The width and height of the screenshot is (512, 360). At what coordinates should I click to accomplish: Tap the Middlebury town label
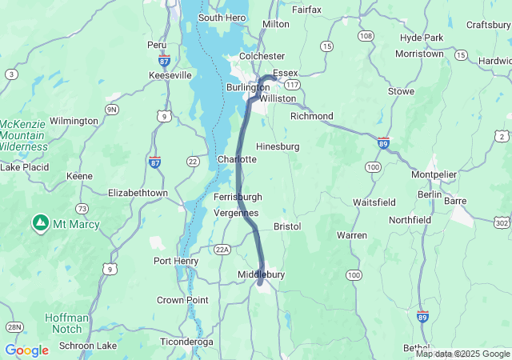click(261, 274)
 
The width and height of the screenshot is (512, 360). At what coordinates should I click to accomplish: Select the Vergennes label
click(237, 213)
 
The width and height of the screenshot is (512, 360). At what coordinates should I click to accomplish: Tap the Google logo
click(26, 350)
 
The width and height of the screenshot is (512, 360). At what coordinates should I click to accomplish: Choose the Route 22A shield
click(222, 250)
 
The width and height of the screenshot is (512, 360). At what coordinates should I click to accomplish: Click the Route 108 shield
click(366, 36)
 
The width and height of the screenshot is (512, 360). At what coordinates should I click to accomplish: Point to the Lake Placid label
click(24, 167)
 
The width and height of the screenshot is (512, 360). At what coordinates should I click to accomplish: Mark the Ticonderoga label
click(186, 342)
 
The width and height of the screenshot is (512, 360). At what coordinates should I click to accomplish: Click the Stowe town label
click(401, 91)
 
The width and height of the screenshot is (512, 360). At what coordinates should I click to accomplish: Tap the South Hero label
click(222, 18)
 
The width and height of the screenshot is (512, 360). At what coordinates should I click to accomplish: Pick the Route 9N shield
click(112, 109)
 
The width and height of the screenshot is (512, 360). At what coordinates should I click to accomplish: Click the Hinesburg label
click(278, 146)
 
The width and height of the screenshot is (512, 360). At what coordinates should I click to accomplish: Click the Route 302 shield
click(502, 222)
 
